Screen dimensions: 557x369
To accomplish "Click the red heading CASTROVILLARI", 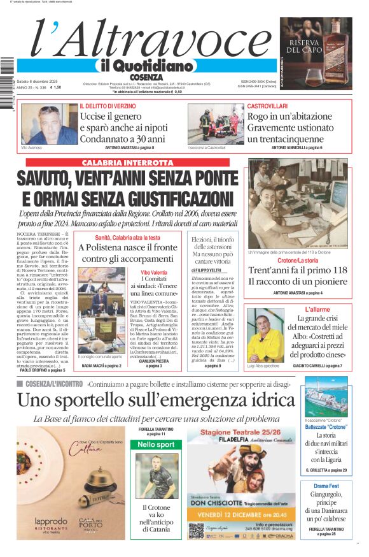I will coord(267,106).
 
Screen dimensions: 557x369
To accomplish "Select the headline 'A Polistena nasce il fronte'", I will coord(127,247).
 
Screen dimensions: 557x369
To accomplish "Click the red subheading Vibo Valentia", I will coord(155,272).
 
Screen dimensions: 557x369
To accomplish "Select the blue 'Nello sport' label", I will coord(156,444).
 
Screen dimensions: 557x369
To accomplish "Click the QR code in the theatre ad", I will coord(196,531).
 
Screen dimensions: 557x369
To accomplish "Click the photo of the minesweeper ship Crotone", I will coord(325,396).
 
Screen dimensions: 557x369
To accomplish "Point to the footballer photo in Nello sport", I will coord(156,475).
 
